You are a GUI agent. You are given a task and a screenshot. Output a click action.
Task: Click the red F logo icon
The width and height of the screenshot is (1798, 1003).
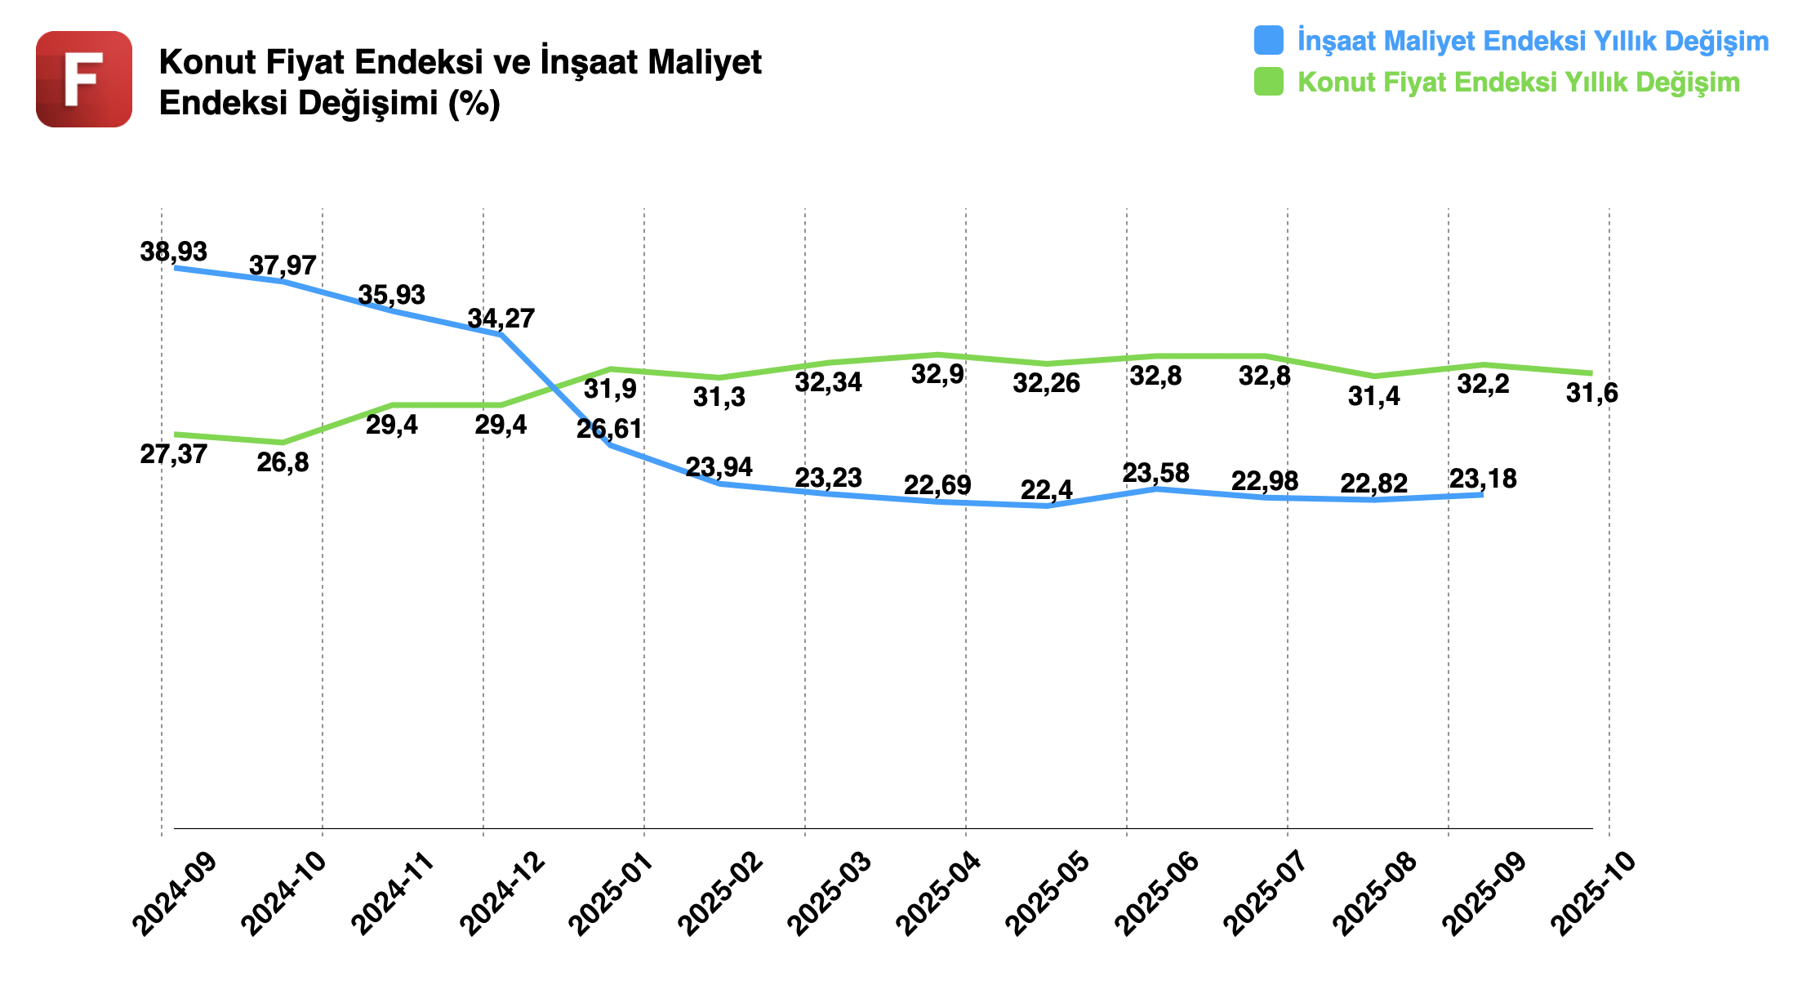click(x=84, y=79)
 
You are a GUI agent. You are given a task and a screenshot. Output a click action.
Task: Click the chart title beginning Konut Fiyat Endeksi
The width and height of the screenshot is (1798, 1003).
click(x=460, y=82)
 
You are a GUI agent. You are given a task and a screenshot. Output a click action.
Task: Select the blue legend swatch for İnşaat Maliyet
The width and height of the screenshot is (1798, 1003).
click(x=1268, y=40)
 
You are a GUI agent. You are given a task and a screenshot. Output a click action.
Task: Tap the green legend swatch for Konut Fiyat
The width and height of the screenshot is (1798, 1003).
click(x=1268, y=82)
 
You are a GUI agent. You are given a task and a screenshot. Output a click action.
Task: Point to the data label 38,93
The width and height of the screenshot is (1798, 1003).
click(x=173, y=252)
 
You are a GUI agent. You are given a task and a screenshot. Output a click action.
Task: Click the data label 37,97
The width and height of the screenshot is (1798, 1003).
click(x=283, y=265)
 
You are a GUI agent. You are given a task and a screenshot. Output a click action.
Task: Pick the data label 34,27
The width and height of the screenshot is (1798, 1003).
click(x=501, y=319)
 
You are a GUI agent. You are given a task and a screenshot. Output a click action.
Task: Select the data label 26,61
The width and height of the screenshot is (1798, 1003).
click(x=609, y=429)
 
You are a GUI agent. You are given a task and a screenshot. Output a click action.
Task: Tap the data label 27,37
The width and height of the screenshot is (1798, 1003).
click(x=173, y=454)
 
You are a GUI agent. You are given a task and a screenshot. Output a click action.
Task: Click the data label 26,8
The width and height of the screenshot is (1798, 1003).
click(x=283, y=463)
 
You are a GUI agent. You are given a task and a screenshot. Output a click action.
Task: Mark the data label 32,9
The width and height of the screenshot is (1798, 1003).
click(x=937, y=375)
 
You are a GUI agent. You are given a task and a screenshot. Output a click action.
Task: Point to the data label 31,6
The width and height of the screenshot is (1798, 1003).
click(x=1591, y=394)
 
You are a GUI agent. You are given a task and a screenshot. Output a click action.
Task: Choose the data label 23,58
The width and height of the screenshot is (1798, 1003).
click(x=1155, y=473)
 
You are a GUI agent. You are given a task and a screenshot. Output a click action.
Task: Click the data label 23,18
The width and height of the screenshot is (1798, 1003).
click(x=1483, y=479)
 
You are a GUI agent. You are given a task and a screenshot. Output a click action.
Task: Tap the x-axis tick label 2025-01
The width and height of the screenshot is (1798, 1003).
click(x=612, y=894)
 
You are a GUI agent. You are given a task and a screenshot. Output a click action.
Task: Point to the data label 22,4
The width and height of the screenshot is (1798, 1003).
click(x=1046, y=490)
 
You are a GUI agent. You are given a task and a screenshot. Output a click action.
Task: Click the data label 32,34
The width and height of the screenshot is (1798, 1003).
click(x=828, y=382)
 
